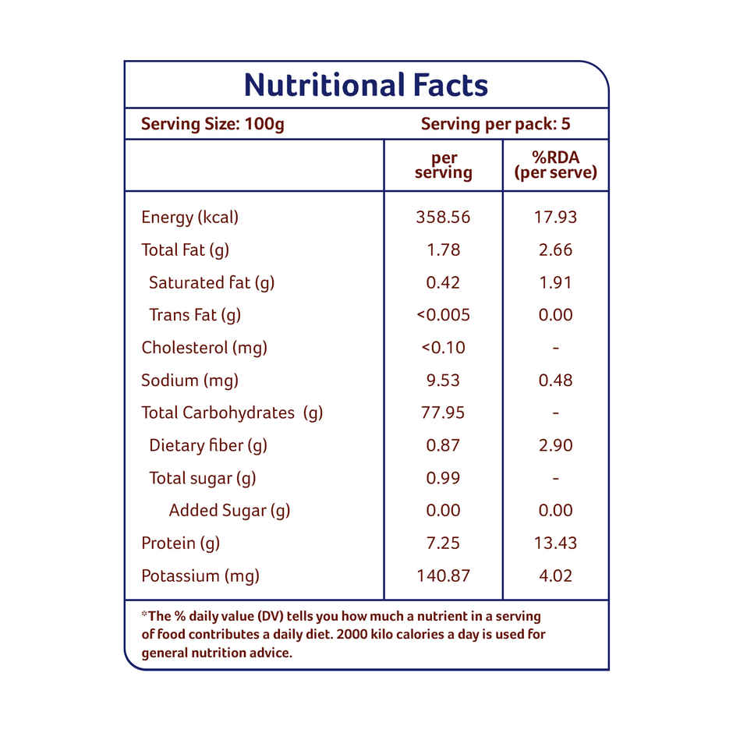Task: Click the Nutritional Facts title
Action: pyautogui.click(x=366, y=85)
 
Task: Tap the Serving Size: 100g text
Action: pyautogui.click(x=212, y=124)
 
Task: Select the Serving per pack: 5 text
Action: pyautogui.click(x=496, y=124)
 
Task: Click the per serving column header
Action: pyautogui.click(x=443, y=165)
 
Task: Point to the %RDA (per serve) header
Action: pyautogui.click(x=555, y=165)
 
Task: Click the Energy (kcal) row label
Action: pyautogui.click(x=189, y=217)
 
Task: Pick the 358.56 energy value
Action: pyautogui.click(x=443, y=217)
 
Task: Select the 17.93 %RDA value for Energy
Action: pyautogui.click(x=555, y=217)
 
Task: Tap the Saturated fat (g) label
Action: pyautogui.click(x=211, y=282)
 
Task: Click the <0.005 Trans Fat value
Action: pyautogui.click(x=443, y=315)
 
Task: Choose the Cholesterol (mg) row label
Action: pyautogui.click(x=204, y=348)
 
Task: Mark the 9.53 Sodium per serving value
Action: pyautogui.click(x=443, y=381)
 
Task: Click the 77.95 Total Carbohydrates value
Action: pyautogui.click(x=443, y=413)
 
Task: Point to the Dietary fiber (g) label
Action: pyautogui.click(x=207, y=445)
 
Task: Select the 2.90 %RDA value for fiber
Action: pyautogui.click(x=555, y=445)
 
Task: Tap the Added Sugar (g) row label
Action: pyautogui.click(x=229, y=511)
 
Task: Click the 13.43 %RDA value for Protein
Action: pyautogui.click(x=555, y=544)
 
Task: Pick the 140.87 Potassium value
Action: pyautogui.click(x=443, y=576)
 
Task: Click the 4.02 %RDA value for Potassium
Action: pyautogui.click(x=555, y=576)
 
